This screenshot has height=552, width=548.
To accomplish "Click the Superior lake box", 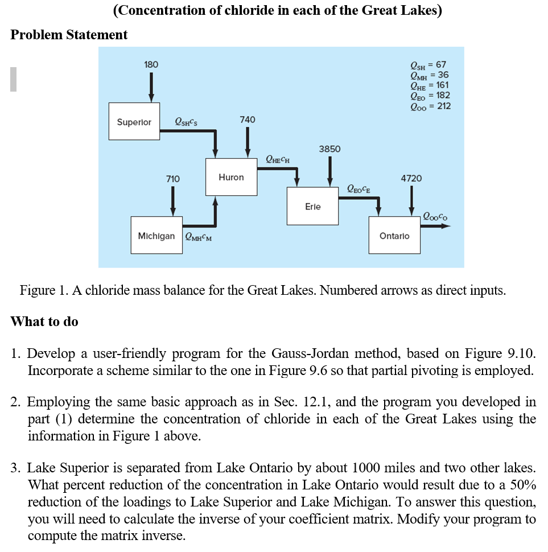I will click(134, 122).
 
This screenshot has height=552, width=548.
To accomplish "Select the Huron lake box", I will click(231, 178).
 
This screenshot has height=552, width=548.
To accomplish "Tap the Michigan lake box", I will click(156, 236).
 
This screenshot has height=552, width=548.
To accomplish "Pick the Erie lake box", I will click(313, 207).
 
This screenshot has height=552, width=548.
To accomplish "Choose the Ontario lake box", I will click(395, 235).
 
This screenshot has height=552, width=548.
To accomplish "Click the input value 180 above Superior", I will click(151, 64).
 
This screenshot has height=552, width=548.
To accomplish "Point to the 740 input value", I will click(248, 120).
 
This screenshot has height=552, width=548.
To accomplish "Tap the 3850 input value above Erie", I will click(329, 149).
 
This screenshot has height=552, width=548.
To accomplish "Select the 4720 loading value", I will click(411, 178).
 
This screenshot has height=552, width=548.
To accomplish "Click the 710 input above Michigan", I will click(173, 179).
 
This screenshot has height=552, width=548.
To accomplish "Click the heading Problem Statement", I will click(69, 35).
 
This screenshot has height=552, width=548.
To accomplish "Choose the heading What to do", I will click(44, 322).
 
